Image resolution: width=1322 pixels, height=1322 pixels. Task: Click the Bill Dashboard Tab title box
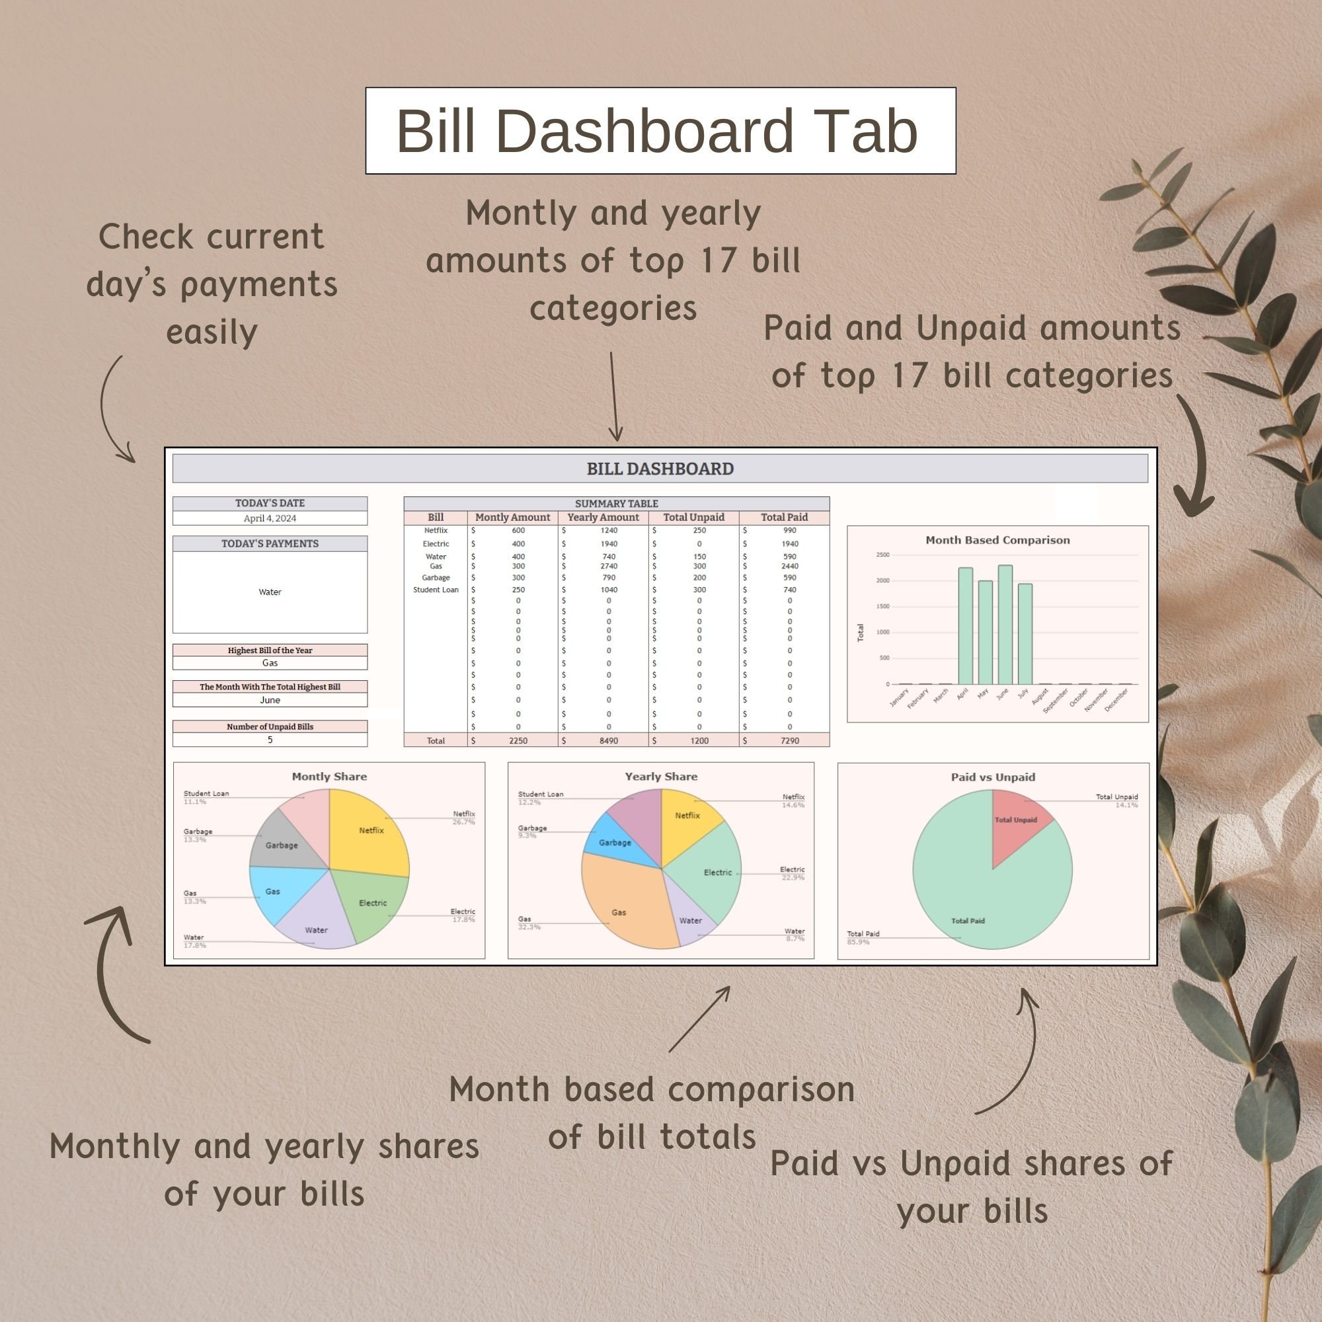coord(660,130)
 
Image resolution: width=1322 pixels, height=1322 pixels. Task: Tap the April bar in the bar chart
coord(965,625)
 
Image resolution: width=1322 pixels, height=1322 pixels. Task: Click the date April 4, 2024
coord(270,518)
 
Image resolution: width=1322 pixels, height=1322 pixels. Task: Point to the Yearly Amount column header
coord(603,518)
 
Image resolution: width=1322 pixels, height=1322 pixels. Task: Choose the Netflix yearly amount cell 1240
coord(608,530)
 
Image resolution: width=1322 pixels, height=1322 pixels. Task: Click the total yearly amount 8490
coord(608,740)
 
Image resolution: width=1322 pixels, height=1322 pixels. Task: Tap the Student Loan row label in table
coord(436,589)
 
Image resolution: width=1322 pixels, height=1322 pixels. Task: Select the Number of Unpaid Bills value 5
coord(270,740)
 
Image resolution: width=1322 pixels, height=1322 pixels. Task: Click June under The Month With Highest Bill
coord(270,700)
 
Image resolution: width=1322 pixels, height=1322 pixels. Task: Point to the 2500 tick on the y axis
coord(882,555)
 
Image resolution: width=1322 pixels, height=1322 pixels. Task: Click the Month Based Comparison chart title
coord(997,540)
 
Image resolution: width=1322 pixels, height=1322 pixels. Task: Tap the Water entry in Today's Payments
coord(270,592)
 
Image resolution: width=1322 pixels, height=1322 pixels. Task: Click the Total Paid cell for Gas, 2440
coord(790,566)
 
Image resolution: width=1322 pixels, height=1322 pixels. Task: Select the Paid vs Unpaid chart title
coord(992,777)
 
